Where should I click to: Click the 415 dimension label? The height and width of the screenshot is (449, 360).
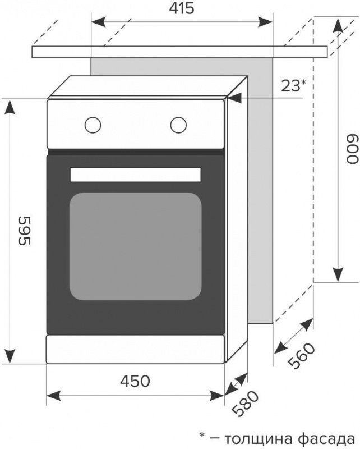182,8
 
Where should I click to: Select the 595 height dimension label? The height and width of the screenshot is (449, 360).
24,231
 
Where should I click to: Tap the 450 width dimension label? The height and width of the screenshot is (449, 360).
135,381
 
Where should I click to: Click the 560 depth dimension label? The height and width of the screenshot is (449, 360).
301,356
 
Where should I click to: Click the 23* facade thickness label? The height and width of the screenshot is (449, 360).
293,85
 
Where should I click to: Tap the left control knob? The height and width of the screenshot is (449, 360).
93,125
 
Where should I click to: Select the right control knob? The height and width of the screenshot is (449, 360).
178,125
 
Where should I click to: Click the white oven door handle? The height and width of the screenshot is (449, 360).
135,175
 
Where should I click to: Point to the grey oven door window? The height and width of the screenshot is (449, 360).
135,246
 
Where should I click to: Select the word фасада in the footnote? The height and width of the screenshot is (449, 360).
327,439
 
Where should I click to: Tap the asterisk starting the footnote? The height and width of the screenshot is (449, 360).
202,436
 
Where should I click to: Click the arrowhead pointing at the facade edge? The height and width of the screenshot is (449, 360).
235,98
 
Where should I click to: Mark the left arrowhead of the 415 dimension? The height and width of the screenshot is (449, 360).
99,22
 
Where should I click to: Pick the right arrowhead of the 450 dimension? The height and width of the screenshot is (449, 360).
216,396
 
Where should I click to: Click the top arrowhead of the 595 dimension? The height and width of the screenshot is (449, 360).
10,107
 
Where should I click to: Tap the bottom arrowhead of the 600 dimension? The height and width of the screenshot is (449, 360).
338,274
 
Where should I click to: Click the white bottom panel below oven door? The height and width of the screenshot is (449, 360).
135,350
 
